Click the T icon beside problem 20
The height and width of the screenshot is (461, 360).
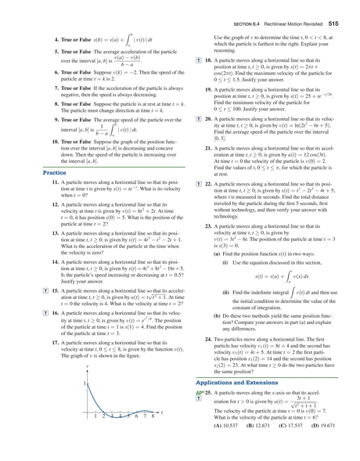(x=199, y=117)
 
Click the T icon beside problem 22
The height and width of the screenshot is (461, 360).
(x=199, y=184)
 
